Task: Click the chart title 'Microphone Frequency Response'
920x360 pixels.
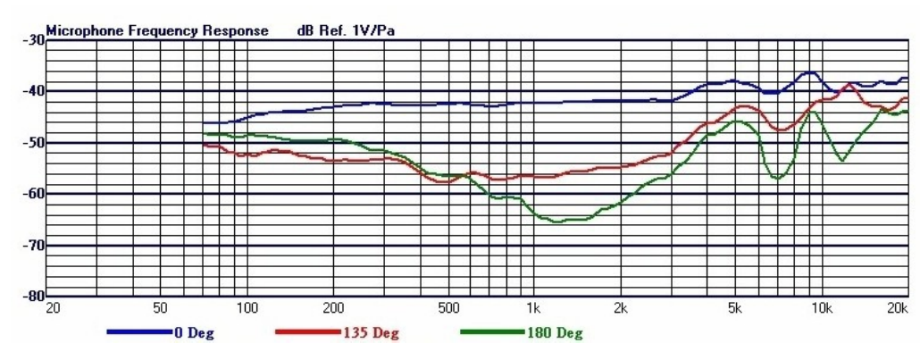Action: (157, 30)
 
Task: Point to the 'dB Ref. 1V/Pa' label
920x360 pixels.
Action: (347, 30)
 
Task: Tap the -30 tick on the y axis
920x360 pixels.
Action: (33, 40)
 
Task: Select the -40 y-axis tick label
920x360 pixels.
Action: (33, 91)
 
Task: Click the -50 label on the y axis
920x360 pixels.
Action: (33, 143)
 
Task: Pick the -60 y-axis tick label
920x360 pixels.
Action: (33, 194)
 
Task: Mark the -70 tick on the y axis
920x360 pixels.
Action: (33, 245)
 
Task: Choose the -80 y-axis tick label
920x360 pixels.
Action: (33, 296)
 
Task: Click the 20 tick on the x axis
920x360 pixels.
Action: (54, 309)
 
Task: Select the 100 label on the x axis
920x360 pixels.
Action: (247, 309)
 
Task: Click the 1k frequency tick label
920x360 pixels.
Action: (532, 309)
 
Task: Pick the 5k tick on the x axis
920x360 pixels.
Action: (735, 309)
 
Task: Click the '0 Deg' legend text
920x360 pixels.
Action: (194, 334)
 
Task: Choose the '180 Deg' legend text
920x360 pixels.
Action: (558, 334)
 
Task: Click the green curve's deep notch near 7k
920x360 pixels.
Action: (778, 179)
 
